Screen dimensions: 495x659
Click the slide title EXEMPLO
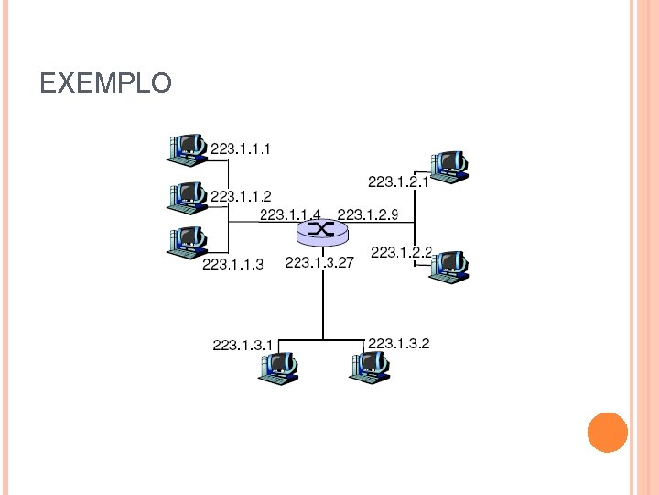click(x=105, y=84)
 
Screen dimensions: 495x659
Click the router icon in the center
click(x=323, y=231)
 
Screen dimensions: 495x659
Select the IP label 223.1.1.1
click(x=241, y=148)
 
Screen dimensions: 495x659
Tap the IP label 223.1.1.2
click(x=241, y=196)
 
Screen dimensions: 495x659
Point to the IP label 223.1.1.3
click(x=232, y=265)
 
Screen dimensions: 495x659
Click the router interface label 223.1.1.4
click(x=290, y=215)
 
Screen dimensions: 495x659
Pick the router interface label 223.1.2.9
click(x=368, y=215)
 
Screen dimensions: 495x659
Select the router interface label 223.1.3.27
click(x=319, y=263)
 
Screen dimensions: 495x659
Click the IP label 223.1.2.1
click(x=398, y=181)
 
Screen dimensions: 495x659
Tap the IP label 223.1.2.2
click(x=401, y=252)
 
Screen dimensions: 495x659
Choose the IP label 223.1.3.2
click(x=398, y=344)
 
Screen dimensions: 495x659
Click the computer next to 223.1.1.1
click(x=188, y=149)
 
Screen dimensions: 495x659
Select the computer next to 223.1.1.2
click(x=188, y=197)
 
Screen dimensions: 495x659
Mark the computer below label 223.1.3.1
click(x=278, y=367)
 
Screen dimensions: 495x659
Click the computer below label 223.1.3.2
click(x=369, y=367)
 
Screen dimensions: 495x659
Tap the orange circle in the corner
click(x=607, y=432)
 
